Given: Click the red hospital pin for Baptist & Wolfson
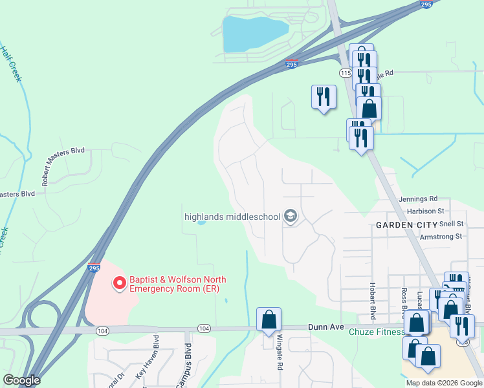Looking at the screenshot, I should pyautogui.click(x=119, y=283).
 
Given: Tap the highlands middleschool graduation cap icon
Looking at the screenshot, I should pyautogui.click(x=291, y=216).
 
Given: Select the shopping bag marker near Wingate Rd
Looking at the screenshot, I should pyautogui.click(x=269, y=319).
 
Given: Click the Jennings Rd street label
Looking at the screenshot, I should pyautogui.click(x=419, y=199).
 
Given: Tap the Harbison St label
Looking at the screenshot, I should pyautogui.click(x=425, y=211).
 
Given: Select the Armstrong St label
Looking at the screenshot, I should pyautogui.click(x=440, y=237).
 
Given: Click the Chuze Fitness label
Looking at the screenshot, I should pyautogui.click(x=376, y=332).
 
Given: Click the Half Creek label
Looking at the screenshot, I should pyautogui.click(x=12, y=63).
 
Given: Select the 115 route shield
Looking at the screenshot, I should pyautogui.click(x=346, y=74).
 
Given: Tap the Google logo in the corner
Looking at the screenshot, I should pyautogui.click(x=21, y=380).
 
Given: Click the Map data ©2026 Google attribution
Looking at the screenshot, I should pyautogui.click(x=443, y=383).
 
